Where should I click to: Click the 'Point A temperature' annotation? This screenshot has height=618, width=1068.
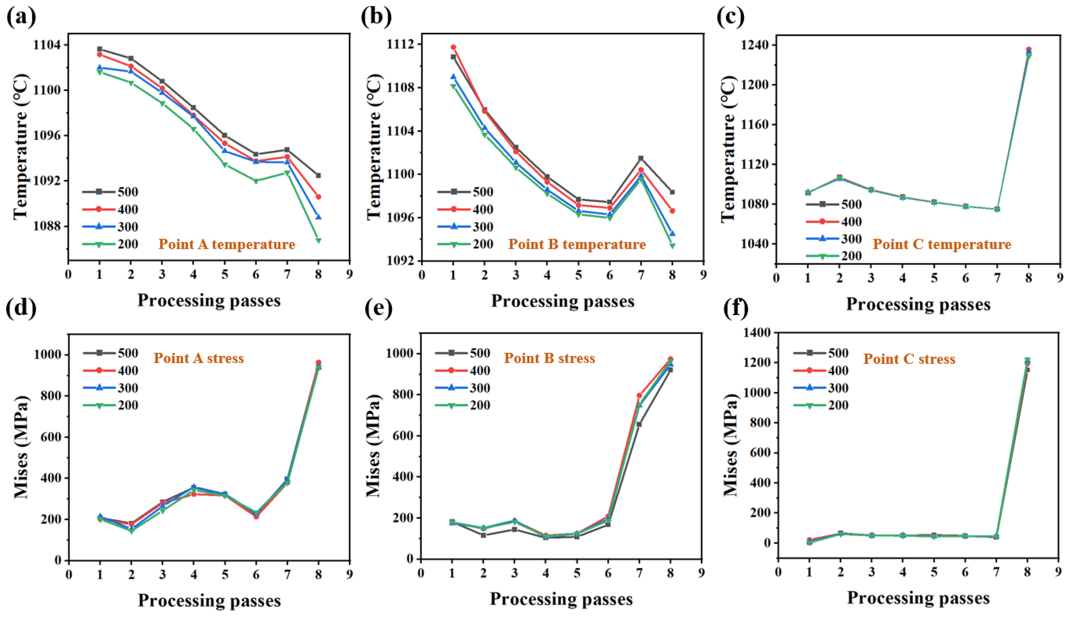click(227, 244)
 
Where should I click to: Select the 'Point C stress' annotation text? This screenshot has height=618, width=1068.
click(910, 359)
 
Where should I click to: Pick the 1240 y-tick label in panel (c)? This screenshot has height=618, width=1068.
click(756, 45)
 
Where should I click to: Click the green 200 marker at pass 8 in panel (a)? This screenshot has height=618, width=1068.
click(318, 240)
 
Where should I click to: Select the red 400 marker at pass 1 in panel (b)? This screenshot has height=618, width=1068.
click(453, 47)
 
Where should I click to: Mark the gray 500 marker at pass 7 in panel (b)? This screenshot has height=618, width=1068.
click(641, 158)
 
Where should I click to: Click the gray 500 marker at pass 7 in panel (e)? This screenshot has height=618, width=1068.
click(639, 424)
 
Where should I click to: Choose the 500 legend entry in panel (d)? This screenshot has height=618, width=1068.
click(110, 353)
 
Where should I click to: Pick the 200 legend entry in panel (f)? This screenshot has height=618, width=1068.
click(821, 405)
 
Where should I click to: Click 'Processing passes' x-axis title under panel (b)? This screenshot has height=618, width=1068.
click(563, 301)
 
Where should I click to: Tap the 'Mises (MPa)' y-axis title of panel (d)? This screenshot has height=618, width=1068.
click(21, 447)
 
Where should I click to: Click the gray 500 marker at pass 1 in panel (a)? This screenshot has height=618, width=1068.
click(100, 49)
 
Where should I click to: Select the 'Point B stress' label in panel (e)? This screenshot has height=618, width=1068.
click(549, 359)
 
